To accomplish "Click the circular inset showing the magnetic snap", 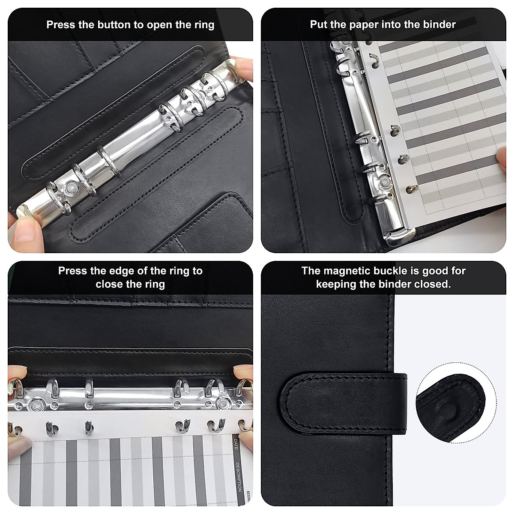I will coord(450,406).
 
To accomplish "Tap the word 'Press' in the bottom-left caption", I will coord(72,271).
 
